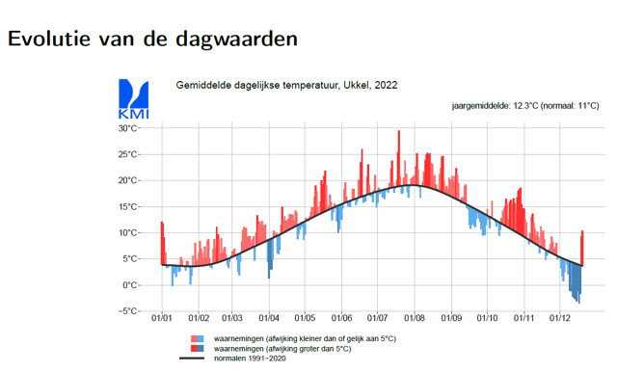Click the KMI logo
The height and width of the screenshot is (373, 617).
coord(133,99)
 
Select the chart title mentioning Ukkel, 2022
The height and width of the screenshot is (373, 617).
coord(286,86)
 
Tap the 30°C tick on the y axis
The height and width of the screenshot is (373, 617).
coord(129,128)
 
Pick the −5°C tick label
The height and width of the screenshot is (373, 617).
coord(128,311)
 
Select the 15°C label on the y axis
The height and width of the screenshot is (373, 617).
coord(129,206)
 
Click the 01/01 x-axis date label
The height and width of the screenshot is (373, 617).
coord(162,319)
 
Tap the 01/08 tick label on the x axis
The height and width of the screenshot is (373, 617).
coord(415,319)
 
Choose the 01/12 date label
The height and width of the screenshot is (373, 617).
coord(560,319)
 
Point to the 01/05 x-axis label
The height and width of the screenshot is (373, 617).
coord(306,319)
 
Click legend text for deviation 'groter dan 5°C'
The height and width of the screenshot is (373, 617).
coord(282,348)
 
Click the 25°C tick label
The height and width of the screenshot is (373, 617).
coord(129,154)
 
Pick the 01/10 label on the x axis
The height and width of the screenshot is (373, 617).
coord(488,319)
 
